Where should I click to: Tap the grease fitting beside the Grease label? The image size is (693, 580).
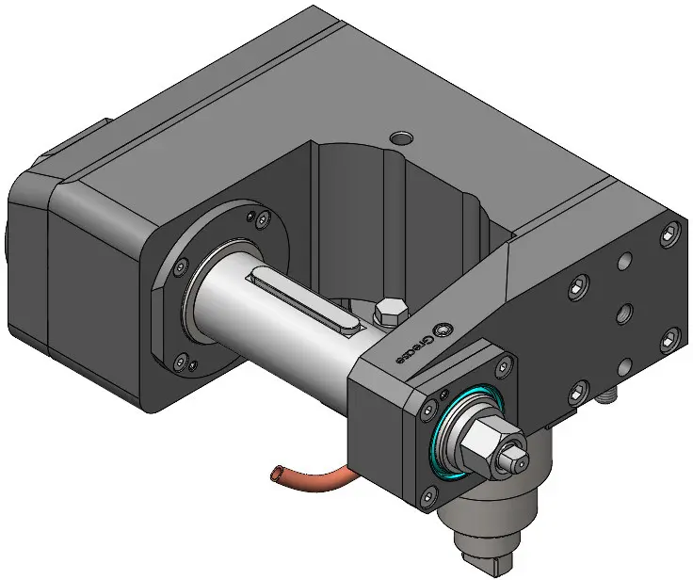443,330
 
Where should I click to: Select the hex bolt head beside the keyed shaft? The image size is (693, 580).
390,311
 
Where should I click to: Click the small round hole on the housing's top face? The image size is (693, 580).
401,138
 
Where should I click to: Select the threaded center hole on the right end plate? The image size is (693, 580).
623,314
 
